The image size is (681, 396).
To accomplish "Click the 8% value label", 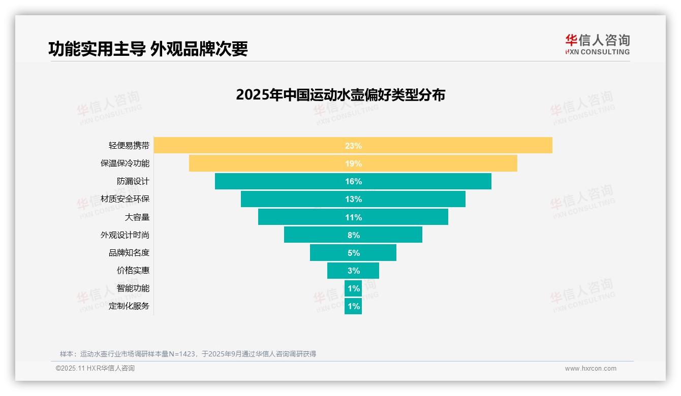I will pyautogui.click(x=353, y=235).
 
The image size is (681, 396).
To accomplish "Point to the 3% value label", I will pyautogui.click(x=353, y=271).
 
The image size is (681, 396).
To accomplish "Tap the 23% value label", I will pyautogui.click(x=353, y=146).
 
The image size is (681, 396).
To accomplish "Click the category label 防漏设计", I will pyautogui.click(x=133, y=181).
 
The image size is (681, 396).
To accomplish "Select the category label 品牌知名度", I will pyautogui.click(x=129, y=253).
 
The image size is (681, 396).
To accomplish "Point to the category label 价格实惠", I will pyautogui.click(x=133, y=271).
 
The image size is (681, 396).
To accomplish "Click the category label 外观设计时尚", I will pyautogui.click(x=125, y=235).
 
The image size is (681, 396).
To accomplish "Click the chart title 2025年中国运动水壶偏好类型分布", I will pyautogui.click(x=340, y=95).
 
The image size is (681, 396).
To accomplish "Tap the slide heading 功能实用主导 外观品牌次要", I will pyautogui.click(x=148, y=49).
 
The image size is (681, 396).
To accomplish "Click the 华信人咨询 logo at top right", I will pyautogui.click(x=597, y=44).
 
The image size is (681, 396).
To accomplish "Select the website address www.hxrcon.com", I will pyautogui.click(x=590, y=369).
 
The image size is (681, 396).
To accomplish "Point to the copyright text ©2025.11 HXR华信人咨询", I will pyautogui.click(x=95, y=369).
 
